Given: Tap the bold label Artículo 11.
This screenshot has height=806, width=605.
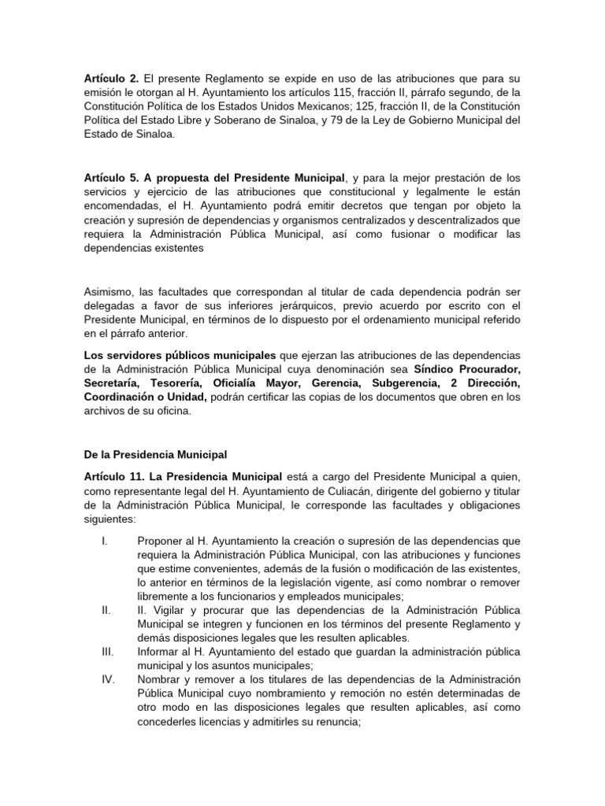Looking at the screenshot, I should tap(113, 477).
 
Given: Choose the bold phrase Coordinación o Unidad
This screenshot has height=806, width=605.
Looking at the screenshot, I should tap(145, 397).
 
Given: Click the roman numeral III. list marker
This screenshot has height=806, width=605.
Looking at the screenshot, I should tap(108, 651).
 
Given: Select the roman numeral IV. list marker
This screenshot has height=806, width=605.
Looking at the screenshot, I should tap(109, 679).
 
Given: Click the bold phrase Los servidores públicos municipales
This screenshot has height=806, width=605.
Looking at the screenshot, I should tap(180, 355).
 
